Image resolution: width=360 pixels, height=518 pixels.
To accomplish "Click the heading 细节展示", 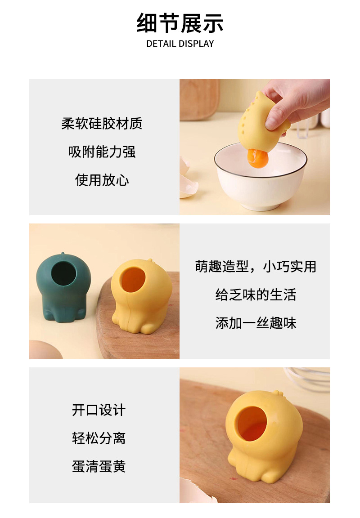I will click(x=180, y=23).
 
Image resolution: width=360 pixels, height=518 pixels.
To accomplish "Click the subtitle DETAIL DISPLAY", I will click(x=180, y=44).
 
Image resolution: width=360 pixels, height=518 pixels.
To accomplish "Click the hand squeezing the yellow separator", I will click(x=292, y=103).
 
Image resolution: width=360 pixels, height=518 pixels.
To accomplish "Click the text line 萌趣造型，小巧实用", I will click(x=255, y=266).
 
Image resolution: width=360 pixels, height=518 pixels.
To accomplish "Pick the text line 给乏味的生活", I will click(x=255, y=295).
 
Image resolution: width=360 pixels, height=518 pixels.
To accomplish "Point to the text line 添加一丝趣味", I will click(x=255, y=323).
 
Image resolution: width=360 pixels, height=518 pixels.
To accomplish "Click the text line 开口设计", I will click(x=99, y=410).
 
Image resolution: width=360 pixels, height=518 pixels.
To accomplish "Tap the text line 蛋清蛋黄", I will click(x=99, y=466).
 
